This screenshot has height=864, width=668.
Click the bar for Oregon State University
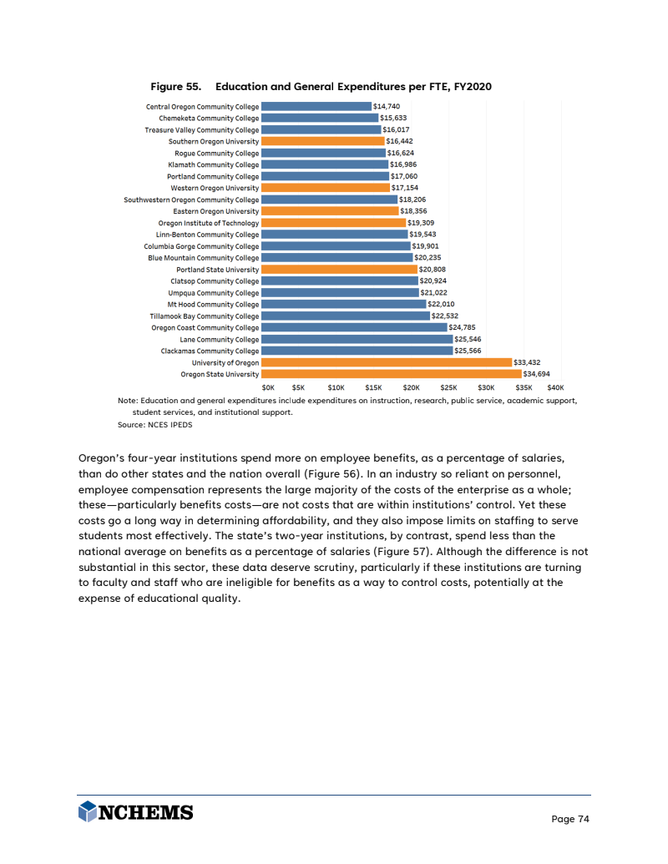pos(391,374)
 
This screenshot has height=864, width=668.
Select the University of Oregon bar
pos(386,362)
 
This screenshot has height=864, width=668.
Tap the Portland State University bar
pos(339,270)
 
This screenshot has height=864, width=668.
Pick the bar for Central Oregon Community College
pos(316,106)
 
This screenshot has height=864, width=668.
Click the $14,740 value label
pos(387,106)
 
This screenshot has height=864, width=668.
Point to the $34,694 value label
pos(537,374)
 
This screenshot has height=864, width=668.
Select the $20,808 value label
pos(433,270)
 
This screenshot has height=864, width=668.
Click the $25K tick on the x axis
pos(448,387)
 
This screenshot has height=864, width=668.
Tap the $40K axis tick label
pos(555,387)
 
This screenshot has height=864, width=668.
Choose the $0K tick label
pos(268,387)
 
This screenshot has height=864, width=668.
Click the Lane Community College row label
pos(220,340)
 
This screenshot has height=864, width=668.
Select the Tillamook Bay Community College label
pos(205,316)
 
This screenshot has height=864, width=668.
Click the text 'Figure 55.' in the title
pos(175,87)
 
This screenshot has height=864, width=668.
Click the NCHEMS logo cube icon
pos(88,811)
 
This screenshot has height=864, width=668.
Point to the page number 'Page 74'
pos(570,819)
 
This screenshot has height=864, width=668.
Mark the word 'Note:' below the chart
pos(128,401)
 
